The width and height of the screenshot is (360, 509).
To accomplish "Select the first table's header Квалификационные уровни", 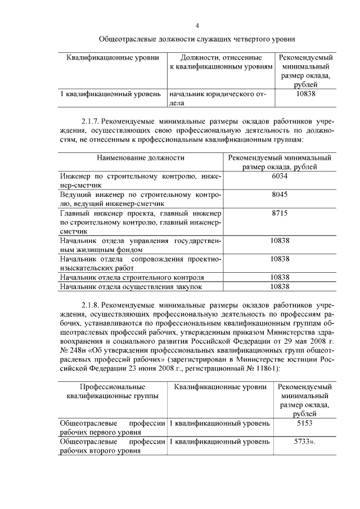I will pyautogui.click(x=112, y=58).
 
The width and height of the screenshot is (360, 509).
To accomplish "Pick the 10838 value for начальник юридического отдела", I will pyautogui.click(x=305, y=93).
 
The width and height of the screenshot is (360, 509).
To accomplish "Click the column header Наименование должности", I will pyautogui.click(x=140, y=158).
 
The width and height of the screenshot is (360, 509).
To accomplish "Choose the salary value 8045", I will pyautogui.click(x=280, y=195).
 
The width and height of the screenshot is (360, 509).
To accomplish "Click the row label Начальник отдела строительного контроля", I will pyautogui.click(x=132, y=277).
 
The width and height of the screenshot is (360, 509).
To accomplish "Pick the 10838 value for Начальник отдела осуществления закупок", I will pyautogui.click(x=280, y=286).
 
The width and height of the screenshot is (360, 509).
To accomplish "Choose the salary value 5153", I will pyautogui.click(x=304, y=423).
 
